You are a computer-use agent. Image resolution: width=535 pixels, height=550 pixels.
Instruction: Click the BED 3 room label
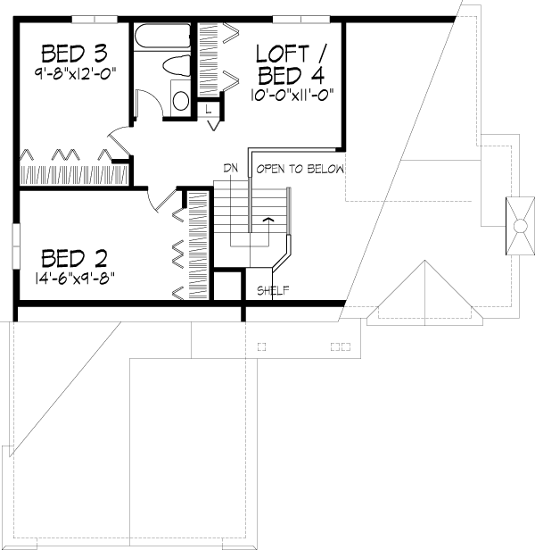[x=74, y=54]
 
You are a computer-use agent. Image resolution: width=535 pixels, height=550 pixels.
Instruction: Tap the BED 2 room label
[x=74, y=259]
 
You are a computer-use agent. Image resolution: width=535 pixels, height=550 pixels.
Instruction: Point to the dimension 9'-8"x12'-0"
[x=75, y=73]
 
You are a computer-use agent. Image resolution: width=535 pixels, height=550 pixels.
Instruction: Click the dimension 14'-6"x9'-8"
[x=75, y=279]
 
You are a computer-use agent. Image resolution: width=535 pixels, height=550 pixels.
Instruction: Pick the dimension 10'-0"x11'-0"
[x=292, y=95]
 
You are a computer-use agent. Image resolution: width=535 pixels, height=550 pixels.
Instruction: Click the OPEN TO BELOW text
[x=300, y=169]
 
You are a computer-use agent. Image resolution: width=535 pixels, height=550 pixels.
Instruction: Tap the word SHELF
[x=273, y=290]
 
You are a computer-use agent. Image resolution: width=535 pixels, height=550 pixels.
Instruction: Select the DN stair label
[x=231, y=169]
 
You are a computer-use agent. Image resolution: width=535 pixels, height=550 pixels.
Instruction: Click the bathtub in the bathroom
[x=162, y=36]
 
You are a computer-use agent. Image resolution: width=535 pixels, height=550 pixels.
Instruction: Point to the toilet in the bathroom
[x=177, y=65]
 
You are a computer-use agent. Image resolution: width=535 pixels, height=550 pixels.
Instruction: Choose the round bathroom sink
[x=181, y=100]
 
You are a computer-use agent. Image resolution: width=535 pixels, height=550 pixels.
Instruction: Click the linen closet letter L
[x=209, y=110]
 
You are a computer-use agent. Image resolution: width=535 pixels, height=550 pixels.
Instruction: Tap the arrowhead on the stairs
[x=268, y=220]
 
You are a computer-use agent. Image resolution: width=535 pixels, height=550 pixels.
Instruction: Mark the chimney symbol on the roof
[x=520, y=226]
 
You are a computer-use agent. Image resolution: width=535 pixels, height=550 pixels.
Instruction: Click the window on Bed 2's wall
[x=16, y=246]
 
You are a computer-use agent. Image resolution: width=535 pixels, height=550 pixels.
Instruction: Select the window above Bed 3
[x=95, y=19]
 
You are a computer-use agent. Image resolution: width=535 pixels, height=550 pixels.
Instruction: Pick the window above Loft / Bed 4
[x=301, y=19]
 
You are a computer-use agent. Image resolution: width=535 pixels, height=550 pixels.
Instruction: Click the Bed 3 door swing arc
[x=116, y=129]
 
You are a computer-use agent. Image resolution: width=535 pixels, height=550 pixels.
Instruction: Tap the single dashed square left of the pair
[x=262, y=347]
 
